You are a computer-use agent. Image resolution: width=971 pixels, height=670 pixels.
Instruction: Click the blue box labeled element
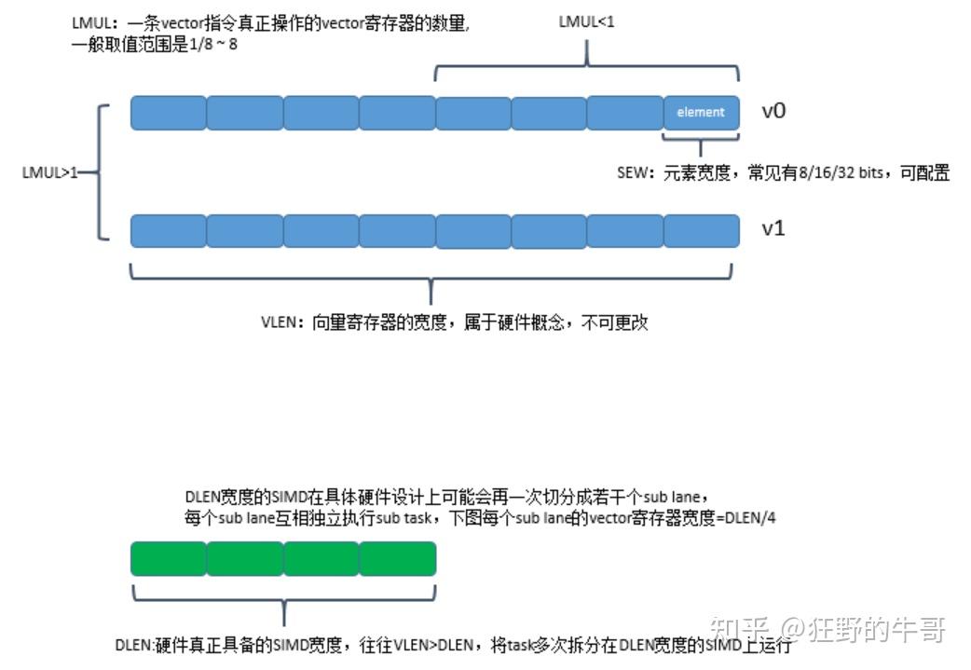tap(701, 113)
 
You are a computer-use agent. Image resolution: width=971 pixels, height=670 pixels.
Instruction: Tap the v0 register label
tap(773, 111)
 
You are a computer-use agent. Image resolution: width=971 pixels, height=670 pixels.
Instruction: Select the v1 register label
tap(773, 227)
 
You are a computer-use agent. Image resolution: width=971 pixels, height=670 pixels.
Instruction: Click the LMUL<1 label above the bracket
tap(587, 21)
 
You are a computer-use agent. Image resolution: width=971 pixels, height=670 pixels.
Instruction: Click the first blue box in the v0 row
tap(168, 113)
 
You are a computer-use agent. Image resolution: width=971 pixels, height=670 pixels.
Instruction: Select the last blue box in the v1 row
tap(701, 230)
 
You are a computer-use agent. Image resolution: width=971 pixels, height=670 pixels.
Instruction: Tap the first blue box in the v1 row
tap(168, 230)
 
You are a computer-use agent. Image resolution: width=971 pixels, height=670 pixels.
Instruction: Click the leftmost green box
tap(168, 558)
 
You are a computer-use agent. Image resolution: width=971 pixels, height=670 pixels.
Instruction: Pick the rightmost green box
tap(397, 558)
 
